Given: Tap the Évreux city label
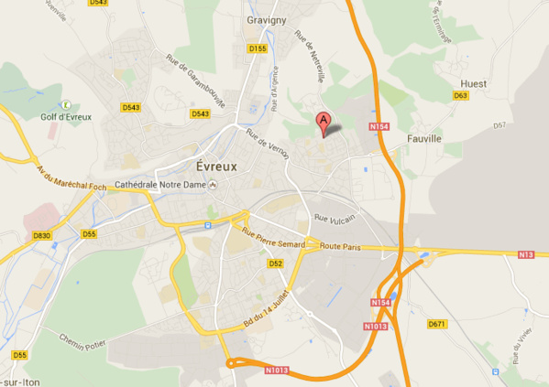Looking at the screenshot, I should click(x=217, y=167).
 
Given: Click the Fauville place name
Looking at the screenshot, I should click(x=423, y=139).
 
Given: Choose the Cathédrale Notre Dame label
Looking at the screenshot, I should click(x=160, y=185).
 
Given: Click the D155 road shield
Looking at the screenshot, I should click(x=257, y=48).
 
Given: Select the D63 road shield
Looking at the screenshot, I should click(x=460, y=95).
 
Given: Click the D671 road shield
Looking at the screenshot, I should click(x=436, y=324).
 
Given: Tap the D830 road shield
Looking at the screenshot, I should click(x=41, y=235).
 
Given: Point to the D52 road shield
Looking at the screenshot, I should click(x=275, y=263).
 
